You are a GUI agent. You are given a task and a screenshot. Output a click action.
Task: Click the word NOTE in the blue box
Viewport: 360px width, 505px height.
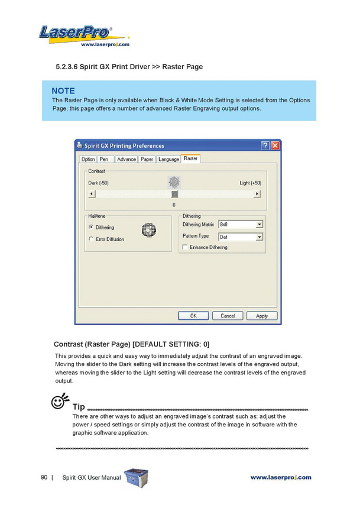pos(63,90)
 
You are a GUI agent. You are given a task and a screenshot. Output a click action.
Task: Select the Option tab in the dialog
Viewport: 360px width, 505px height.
pos(88,159)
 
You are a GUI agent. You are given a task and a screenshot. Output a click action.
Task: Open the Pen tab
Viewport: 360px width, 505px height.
pos(104,159)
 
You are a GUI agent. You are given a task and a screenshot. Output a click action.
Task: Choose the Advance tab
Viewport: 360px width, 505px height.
pos(126,159)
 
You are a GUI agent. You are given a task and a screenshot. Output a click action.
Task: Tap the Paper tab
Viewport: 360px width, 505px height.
pos(147,159)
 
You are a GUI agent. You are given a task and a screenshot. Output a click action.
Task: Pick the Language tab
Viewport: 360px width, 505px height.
pos(168,159)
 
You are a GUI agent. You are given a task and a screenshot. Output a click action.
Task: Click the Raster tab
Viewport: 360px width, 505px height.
pos(190,158)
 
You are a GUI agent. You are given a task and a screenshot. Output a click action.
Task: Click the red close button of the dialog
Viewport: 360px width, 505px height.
pos(275,145)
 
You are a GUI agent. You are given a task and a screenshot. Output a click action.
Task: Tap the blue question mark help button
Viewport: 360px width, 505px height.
pos(265,145)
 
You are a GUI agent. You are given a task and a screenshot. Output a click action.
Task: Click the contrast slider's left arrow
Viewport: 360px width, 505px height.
pos(92,194)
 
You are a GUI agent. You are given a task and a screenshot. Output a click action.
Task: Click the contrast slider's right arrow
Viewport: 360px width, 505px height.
pos(258,194)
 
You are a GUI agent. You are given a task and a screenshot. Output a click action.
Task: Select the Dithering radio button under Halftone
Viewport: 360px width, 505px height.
pos(91,227)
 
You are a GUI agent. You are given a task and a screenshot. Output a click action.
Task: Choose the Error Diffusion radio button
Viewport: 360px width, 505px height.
pos(91,239)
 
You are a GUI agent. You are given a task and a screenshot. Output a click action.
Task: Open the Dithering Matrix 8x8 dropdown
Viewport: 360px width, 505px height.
pos(260,225)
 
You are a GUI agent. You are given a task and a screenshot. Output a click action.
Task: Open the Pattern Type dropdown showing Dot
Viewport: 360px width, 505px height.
pos(260,237)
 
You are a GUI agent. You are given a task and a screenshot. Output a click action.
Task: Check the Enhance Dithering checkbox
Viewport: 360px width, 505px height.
pos(185,247)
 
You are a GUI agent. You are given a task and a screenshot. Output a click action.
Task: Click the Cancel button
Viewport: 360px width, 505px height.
pos(228,316)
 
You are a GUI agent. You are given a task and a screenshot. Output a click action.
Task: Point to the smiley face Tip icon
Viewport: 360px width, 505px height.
pos(59,404)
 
